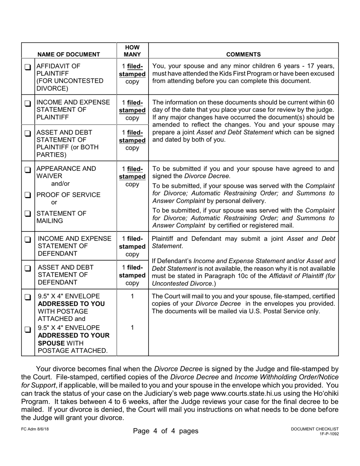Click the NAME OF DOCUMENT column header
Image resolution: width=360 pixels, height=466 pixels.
pyautogui.click(x=69, y=54)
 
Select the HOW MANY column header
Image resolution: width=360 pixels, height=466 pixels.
pyautogui.click(x=132, y=51)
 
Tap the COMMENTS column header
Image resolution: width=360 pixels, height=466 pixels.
pyautogui.click(x=243, y=54)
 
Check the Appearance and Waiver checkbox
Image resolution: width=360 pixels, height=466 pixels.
pyautogui.click(x=28, y=169)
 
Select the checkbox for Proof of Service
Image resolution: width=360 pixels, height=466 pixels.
pyautogui.click(x=28, y=195)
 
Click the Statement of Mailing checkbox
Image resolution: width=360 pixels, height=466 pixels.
pyautogui.click(x=28, y=214)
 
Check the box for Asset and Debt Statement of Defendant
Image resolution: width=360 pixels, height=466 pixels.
pyautogui.click(x=28, y=269)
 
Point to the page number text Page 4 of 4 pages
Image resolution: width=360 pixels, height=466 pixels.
pyautogui.click(x=166, y=431)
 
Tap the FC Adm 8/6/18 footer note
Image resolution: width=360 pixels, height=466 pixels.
pyautogui.click(x=35, y=429)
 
